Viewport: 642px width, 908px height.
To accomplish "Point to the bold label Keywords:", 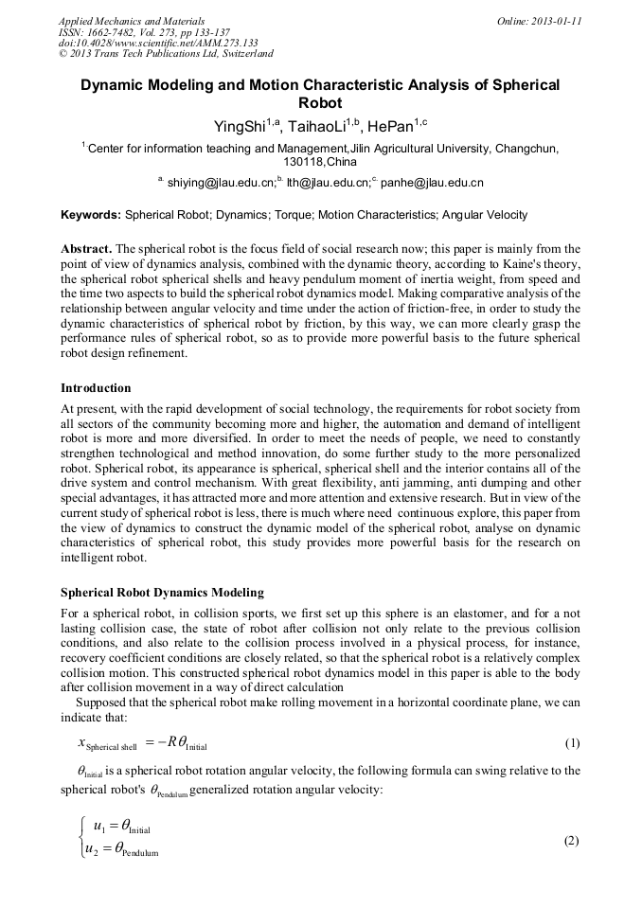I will (91, 215).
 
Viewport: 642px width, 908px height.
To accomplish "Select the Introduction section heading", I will (96, 387).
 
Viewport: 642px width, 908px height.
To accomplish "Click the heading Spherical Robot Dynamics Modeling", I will (162, 593).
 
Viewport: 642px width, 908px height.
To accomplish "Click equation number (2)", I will (571, 841).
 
